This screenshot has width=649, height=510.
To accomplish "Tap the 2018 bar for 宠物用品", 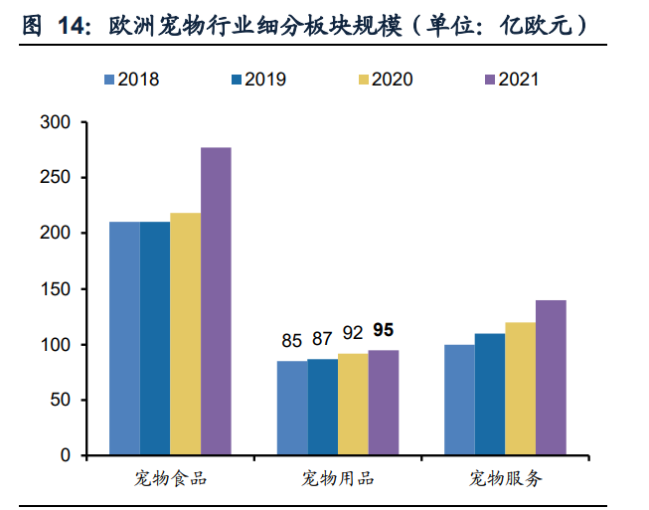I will click(x=292, y=408).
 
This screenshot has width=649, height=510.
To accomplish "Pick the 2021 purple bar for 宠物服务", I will click(x=551, y=378).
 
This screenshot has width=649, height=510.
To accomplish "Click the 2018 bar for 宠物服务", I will click(x=459, y=400).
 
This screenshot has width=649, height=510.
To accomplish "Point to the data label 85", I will click(x=291, y=341).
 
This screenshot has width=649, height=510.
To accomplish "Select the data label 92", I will click(x=353, y=333).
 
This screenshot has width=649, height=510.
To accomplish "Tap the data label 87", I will click(x=322, y=339).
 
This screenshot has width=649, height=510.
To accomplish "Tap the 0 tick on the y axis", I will click(x=66, y=455).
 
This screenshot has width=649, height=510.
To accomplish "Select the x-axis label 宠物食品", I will click(x=171, y=479).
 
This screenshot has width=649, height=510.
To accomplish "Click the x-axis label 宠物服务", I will click(x=506, y=479).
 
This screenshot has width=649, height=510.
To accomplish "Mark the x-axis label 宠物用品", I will click(x=338, y=479).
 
